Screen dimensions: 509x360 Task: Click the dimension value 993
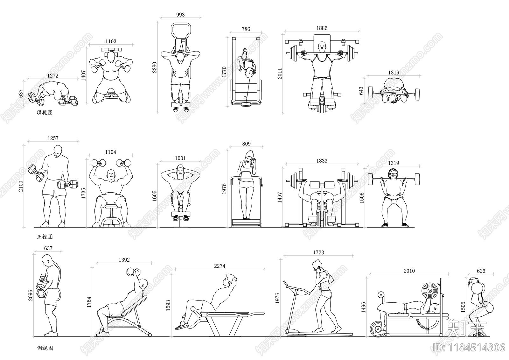[180, 15]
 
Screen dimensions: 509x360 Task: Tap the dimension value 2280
[155, 67]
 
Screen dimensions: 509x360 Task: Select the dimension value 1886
[322, 28]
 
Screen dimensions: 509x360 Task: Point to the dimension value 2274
[220, 266]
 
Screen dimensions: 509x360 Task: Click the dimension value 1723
[318, 252]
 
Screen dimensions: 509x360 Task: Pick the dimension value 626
[481, 271]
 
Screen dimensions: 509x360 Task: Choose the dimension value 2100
[21, 186]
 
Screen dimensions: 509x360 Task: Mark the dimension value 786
[246, 29]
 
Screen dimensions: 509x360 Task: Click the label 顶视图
[45, 113]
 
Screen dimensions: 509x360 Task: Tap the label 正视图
[45, 237]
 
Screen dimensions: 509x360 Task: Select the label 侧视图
[45, 348]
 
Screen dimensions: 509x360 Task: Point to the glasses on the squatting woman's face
[393, 174]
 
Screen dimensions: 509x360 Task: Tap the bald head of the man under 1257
[58, 151]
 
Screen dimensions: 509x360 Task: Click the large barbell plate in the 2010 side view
[429, 291]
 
